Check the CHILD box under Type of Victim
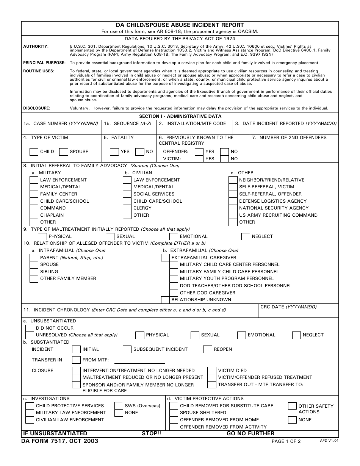(x=34, y=152)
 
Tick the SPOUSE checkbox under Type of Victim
(x=64, y=152)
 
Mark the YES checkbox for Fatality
(x=114, y=152)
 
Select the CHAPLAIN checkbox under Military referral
(x=34, y=215)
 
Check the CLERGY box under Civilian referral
(x=127, y=208)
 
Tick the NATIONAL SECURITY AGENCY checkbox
(x=233, y=208)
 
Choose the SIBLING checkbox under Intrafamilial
(x=34, y=272)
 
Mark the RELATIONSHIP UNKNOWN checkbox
(x=165, y=300)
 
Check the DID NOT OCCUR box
(x=30, y=328)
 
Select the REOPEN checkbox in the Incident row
(x=208, y=349)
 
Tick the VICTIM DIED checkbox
(x=212, y=371)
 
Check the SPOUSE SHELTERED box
(x=174, y=413)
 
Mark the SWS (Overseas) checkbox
(x=119, y=406)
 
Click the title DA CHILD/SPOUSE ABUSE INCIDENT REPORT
(x=180, y=25)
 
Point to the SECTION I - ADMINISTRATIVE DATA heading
(x=180, y=116)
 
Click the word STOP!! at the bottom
(x=151, y=433)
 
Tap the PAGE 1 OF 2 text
(x=286, y=441)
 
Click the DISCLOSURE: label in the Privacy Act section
(x=37, y=108)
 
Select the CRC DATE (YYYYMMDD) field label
(x=288, y=307)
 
